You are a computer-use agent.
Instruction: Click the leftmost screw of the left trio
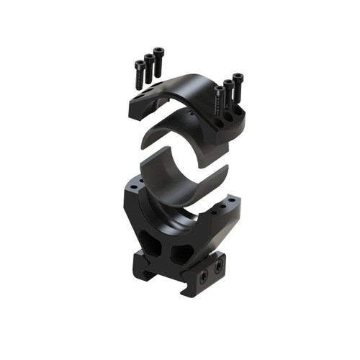140,72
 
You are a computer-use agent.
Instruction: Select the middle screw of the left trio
149,66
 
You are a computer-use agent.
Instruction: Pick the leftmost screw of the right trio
219,99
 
